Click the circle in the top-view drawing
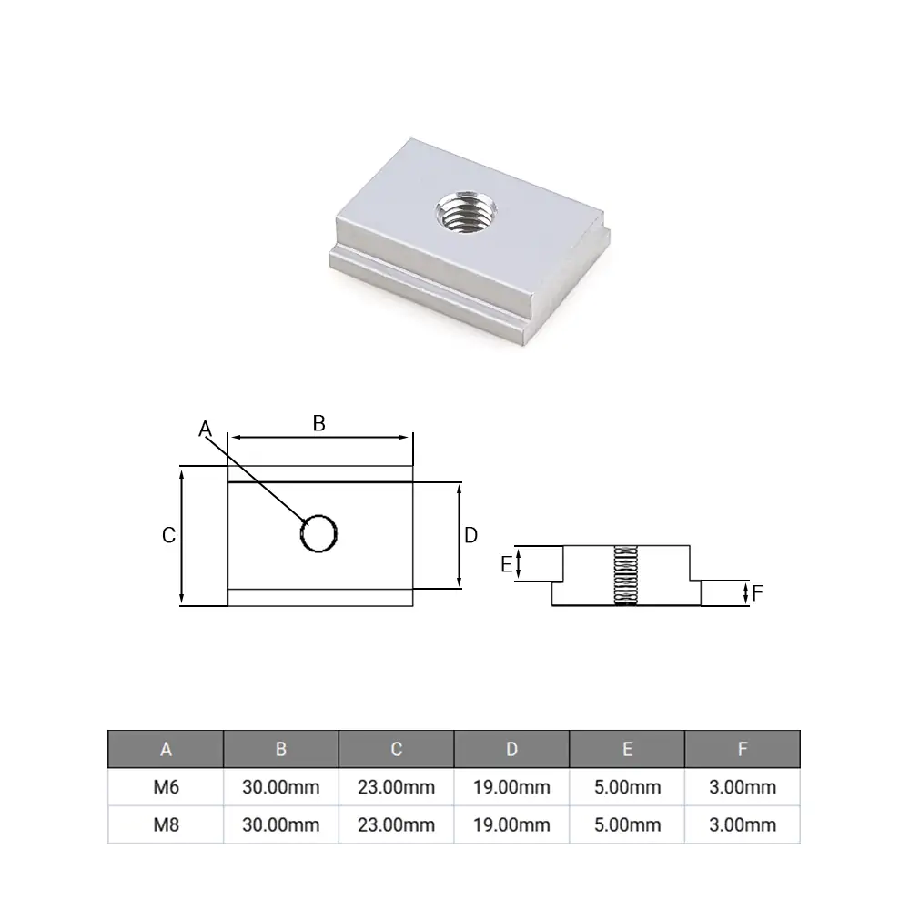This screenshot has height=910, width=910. point(319,533)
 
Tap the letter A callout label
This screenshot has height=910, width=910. point(205,428)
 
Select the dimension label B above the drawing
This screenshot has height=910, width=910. point(318,422)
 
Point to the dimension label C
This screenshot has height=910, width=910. point(168,536)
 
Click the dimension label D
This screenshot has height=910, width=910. point(470,536)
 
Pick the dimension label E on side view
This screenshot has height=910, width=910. point(506,565)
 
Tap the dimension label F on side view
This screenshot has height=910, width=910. point(757,594)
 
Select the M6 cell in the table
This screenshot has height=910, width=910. point(166,787)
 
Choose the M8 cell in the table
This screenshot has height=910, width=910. point(166,824)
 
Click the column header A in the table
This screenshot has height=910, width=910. point(166,749)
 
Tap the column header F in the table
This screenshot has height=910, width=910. point(743,749)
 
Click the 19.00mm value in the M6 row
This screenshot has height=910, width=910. point(511,787)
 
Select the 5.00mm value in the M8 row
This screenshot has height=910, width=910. point(627,824)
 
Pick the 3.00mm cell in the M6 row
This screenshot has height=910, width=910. point(743,787)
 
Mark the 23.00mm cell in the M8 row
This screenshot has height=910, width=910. point(397,824)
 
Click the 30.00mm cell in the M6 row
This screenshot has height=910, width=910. point(281,787)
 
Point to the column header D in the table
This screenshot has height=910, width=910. point(511,749)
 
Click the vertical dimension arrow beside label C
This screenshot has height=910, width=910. point(183,536)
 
